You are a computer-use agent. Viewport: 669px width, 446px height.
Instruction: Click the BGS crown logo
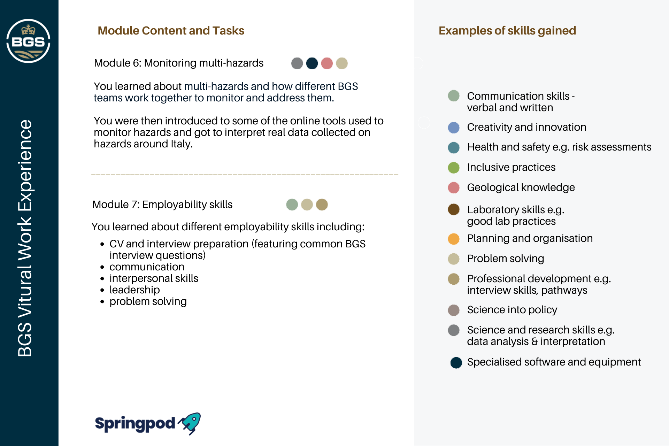tap(28, 41)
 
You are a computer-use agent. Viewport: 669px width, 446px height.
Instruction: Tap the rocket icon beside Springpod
tap(190, 423)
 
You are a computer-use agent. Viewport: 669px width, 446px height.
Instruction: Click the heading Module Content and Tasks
tap(171, 31)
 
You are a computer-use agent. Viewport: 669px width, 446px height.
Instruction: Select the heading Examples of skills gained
tap(507, 31)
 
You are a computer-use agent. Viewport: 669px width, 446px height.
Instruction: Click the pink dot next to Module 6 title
tap(327, 63)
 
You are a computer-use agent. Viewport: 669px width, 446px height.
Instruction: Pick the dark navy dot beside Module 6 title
tap(312, 63)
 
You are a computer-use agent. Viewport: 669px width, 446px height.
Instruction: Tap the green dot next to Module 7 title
tap(292, 205)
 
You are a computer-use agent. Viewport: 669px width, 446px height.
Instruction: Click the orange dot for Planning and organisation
tap(454, 239)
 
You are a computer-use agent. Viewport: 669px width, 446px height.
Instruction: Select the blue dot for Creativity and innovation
tap(454, 128)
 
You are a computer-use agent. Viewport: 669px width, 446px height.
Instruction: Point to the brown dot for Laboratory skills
tap(454, 209)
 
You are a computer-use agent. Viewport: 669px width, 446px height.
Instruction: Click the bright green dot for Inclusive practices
tap(454, 168)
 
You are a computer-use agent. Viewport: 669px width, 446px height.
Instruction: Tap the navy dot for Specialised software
tap(456, 363)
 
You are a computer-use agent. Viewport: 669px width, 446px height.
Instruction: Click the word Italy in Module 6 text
tap(181, 144)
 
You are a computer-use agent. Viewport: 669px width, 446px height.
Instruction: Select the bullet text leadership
tap(134, 290)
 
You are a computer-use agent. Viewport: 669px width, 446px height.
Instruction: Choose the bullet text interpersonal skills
tap(154, 278)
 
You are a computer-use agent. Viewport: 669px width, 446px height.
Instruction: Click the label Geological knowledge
tap(521, 187)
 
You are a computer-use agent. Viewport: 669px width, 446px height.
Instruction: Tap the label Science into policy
tap(512, 310)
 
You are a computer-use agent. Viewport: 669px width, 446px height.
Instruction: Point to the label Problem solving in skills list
tap(506, 259)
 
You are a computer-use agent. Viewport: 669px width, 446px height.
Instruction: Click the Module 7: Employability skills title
tap(162, 205)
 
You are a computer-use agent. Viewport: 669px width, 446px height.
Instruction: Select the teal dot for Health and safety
tap(454, 148)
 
